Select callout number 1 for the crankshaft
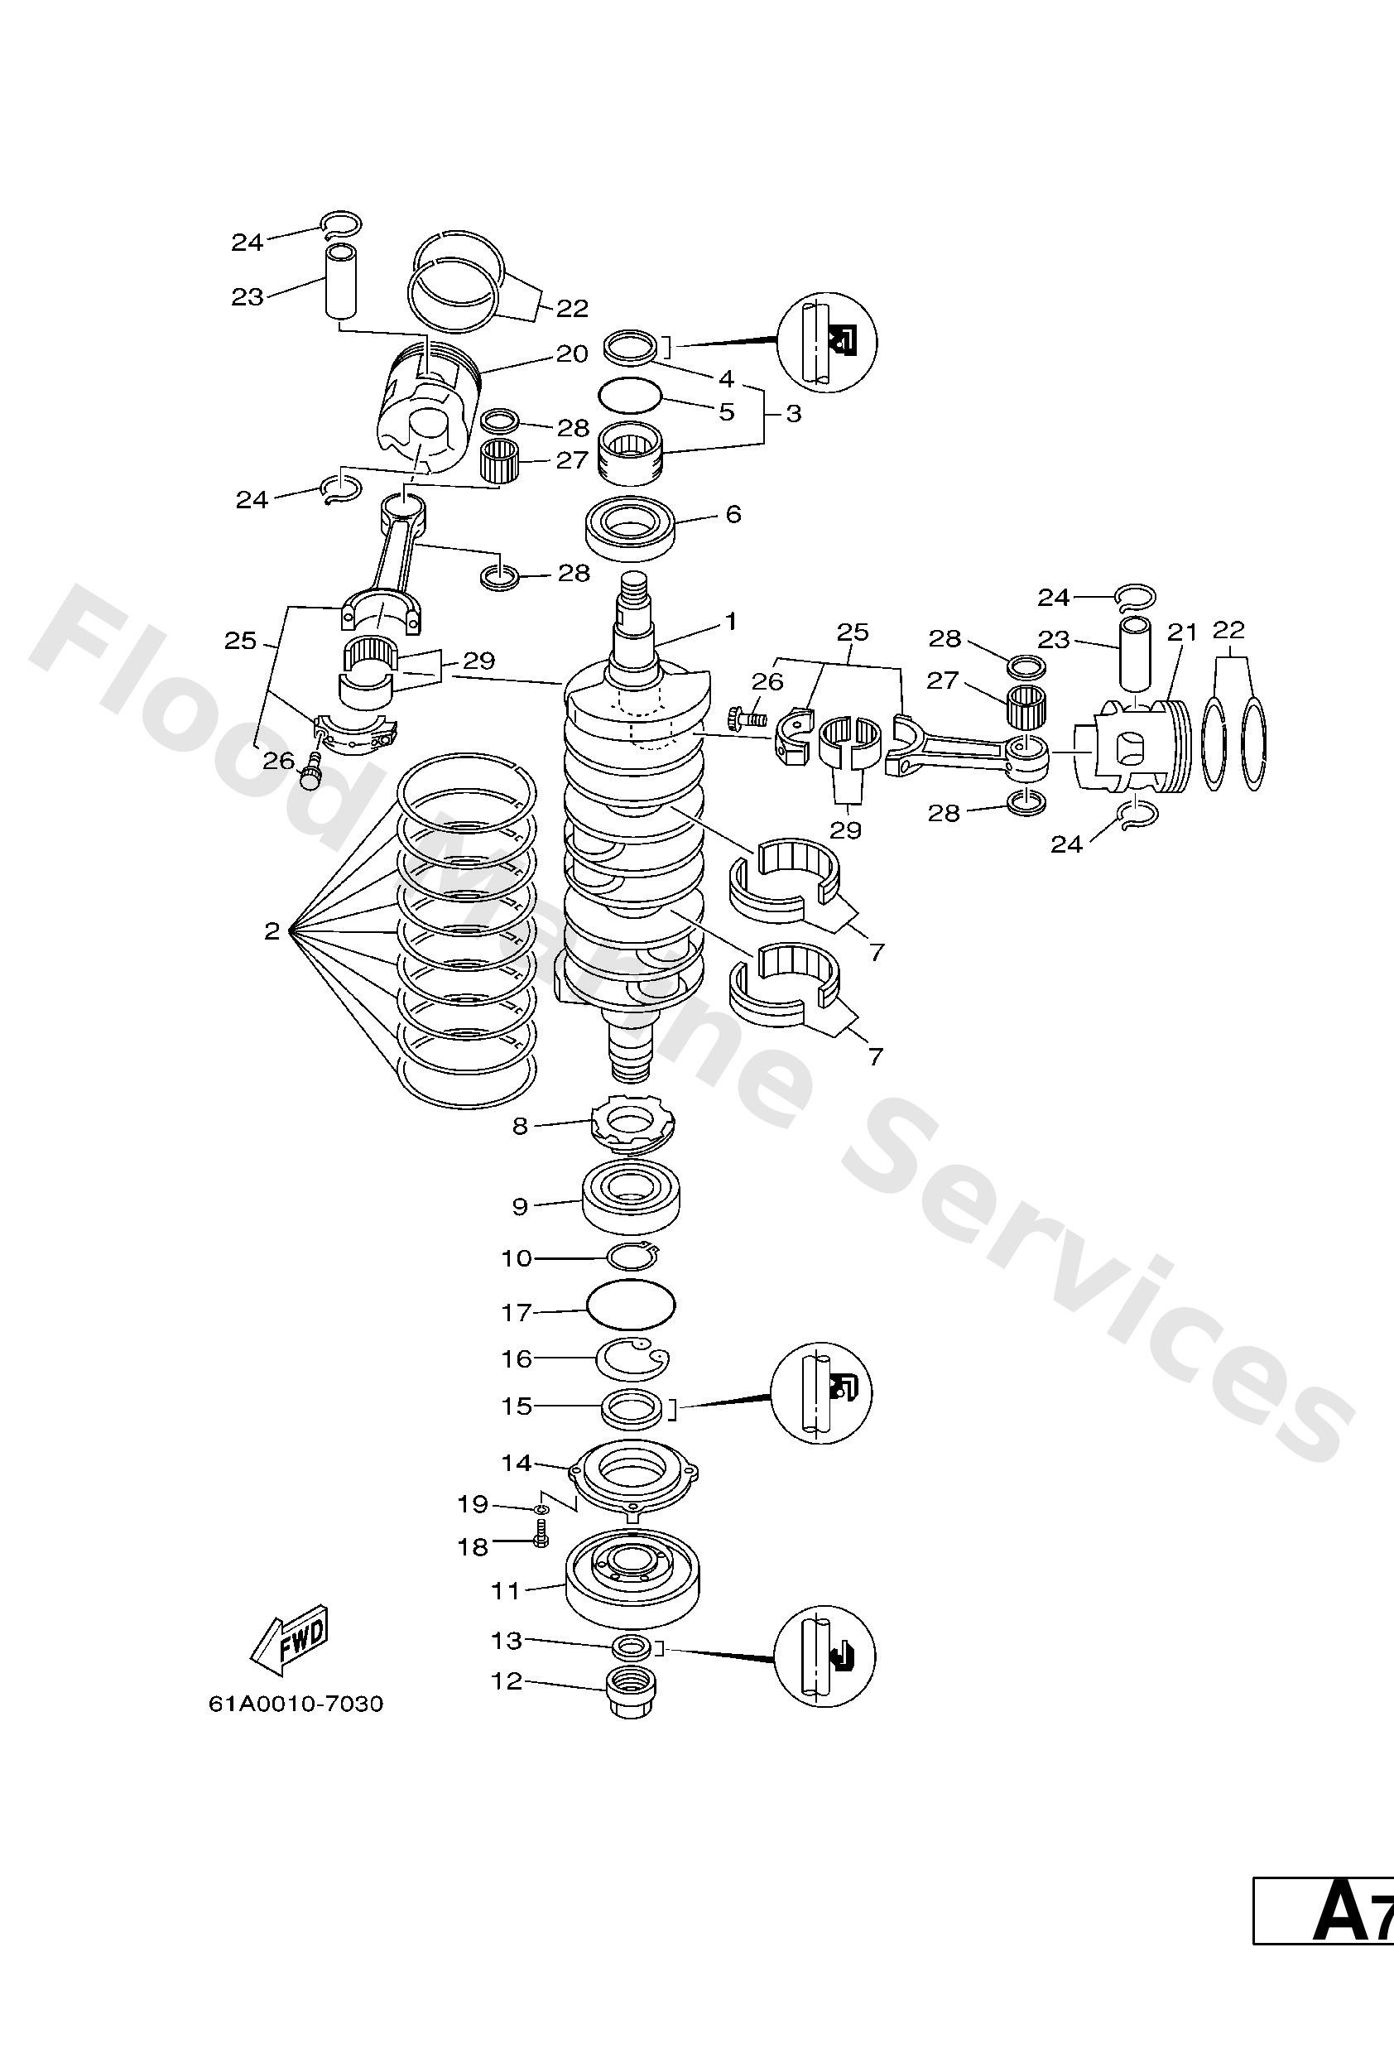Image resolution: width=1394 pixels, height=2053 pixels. point(729,622)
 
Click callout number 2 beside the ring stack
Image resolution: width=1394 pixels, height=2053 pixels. point(272,931)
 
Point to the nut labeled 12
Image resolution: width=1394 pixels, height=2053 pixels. point(630,1694)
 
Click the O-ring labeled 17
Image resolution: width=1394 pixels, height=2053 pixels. point(631,1303)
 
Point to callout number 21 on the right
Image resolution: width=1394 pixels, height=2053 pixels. point(1181,632)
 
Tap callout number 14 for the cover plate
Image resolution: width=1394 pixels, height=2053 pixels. point(517,1463)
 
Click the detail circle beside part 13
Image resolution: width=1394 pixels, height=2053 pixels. point(824,1656)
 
